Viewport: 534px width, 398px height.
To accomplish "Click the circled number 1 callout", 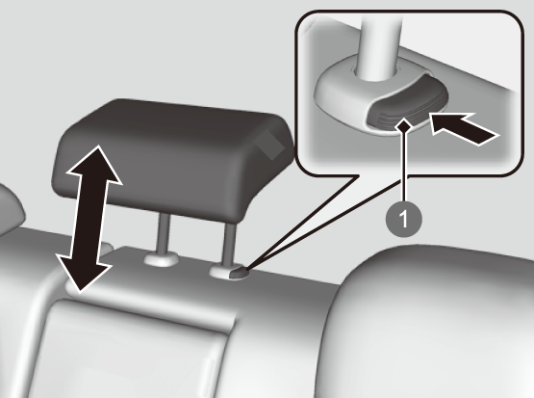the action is [x=403, y=219].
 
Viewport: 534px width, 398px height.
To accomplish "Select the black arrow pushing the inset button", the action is [x=464, y=129].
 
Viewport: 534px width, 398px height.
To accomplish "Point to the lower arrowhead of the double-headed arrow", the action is [x=83, y=273].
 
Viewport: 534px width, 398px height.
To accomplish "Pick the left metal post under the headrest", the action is [x=163, y=234].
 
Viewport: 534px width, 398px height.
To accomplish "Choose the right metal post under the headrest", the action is [x=229, y=244].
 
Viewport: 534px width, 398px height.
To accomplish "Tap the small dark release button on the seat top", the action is [x=239, y=274].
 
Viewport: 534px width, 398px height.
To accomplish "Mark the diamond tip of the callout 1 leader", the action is [x=404, y=126].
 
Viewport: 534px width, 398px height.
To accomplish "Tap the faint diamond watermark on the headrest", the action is [x=270, y=145].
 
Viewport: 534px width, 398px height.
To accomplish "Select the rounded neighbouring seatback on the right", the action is [x=429, y=322].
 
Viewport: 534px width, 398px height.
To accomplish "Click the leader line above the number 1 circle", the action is [x=404, y=167].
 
